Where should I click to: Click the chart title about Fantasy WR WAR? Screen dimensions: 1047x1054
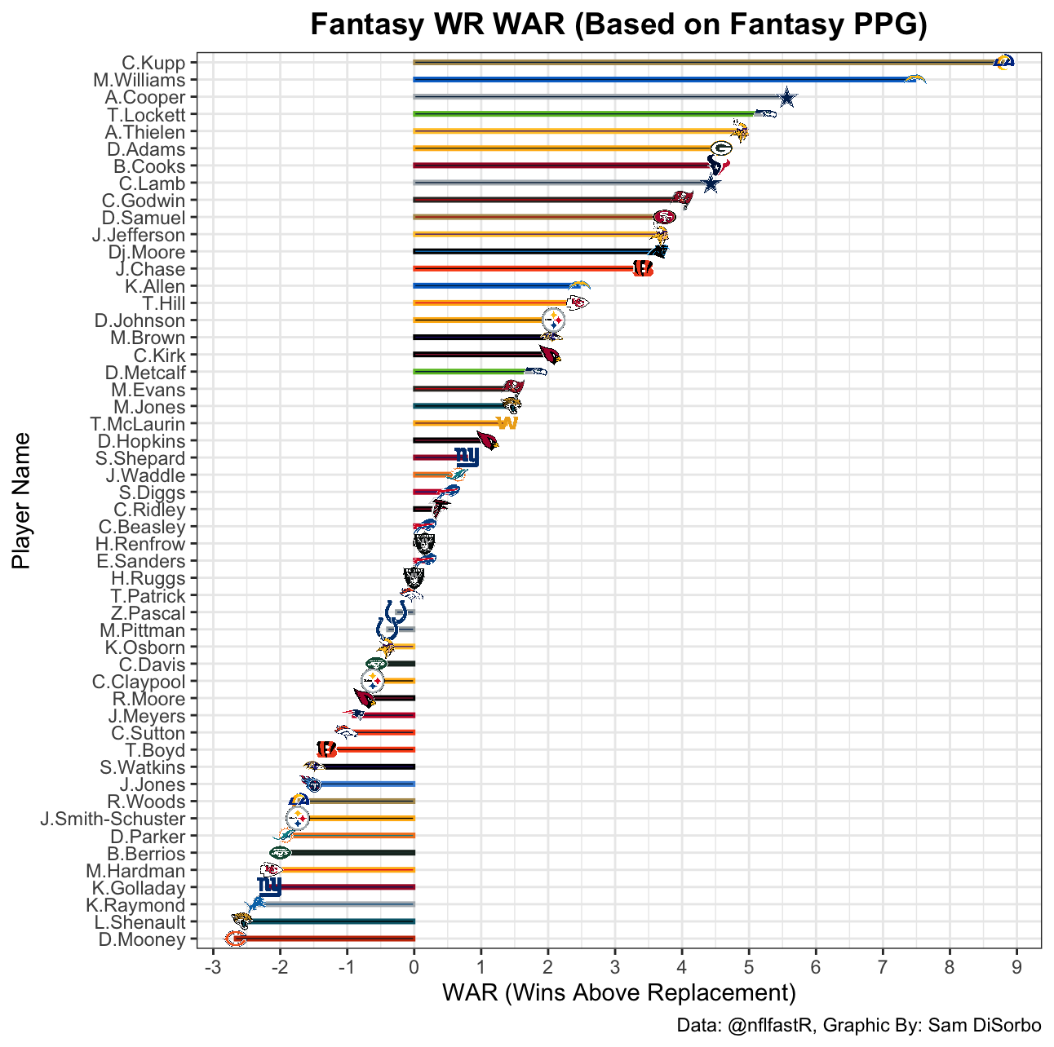click(619, 24)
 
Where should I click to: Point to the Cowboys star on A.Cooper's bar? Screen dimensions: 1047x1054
click(786, 98)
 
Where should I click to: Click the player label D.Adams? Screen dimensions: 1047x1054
click(146, 149)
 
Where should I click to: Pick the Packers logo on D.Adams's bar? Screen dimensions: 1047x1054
click(721, 148)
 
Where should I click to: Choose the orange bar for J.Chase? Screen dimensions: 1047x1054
click(522, 269)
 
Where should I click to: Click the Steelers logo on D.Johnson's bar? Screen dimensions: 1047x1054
click(553, 320)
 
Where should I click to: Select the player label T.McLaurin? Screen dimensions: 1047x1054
click(138, 424)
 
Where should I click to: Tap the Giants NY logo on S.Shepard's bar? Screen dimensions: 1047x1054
click(467, 457)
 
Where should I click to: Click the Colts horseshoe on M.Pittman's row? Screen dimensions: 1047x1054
click(387, 630)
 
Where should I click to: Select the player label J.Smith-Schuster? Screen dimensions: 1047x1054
click(113, 819)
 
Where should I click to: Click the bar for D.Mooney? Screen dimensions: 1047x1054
click(326, 939)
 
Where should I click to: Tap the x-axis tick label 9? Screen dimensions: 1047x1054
click(1016, 967)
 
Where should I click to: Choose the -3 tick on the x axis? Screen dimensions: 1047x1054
click(213, 967)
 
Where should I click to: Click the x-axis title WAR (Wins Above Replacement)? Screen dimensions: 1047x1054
click(618, 993)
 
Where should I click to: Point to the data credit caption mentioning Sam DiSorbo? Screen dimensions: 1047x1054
click(859, 1026)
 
